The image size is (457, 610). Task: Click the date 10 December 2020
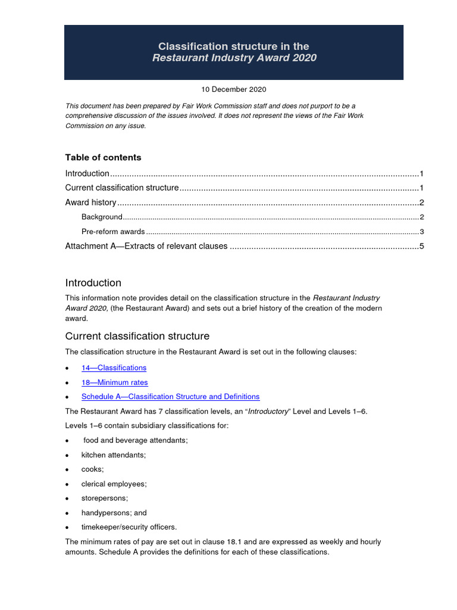coord(233,89)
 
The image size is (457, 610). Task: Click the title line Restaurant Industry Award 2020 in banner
coord(234,58)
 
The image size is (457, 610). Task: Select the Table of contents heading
coord(103,157)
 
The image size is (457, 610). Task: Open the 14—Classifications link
coord(114,368)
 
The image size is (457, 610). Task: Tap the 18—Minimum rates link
coord(114,382)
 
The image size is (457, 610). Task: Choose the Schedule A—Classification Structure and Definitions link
coord(170,397)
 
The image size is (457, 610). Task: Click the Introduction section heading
coord(93,283)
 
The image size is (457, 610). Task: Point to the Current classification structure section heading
coord(137,337)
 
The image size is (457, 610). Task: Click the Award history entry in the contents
coord(90,203)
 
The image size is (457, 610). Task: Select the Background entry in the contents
coord(102,217)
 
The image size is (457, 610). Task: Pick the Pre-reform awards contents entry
coord(113,232)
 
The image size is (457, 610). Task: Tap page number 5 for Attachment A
coord(421,246)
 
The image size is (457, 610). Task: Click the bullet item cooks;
coord(92,469)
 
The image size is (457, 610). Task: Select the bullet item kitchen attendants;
coord(113,455)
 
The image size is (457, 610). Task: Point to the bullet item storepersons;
coord(104,498)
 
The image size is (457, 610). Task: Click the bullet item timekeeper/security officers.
coord(129,527)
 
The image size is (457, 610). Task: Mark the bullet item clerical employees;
coord(114,484)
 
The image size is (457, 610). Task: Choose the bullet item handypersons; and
coord(114,512)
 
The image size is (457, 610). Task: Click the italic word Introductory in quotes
coord(266,412)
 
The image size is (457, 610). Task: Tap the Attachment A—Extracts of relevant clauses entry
coord(146,246)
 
